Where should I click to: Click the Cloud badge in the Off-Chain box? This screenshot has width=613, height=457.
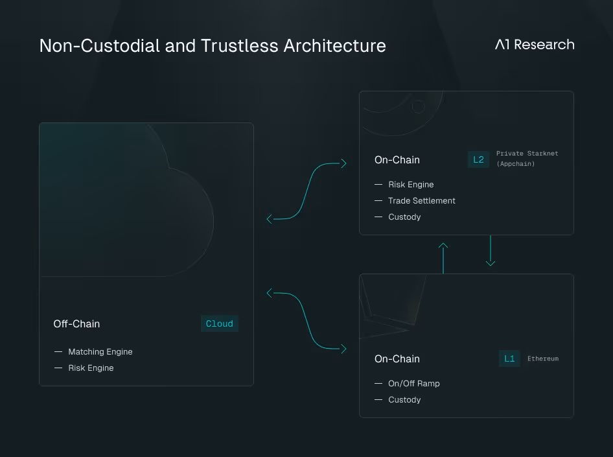[219, 324]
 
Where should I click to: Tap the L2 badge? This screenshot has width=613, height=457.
[478, 159]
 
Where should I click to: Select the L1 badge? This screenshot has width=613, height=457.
[509, 358]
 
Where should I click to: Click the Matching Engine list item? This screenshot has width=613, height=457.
[100, 352]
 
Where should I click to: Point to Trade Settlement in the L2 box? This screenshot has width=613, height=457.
[422, 201]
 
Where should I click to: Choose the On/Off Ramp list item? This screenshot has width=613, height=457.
[414, 384]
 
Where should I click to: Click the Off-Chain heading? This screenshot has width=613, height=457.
[76, 324]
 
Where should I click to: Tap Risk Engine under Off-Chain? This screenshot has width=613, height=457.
[91, 368]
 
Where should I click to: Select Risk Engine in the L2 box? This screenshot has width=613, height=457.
[411, 185]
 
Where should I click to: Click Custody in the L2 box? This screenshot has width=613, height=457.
[404, 217]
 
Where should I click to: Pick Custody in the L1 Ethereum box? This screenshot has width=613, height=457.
[404, 400]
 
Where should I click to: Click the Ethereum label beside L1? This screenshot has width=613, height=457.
[543, 358]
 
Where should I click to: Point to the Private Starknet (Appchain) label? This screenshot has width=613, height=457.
[527, 159]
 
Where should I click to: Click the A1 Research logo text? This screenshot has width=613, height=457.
[535, 45]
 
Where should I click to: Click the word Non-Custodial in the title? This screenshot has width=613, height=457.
[98, 46]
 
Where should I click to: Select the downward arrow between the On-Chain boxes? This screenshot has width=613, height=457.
[491, 251]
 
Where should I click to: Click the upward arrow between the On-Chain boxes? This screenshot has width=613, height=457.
[443, 257]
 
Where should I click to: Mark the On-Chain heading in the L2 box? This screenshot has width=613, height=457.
[397, 160]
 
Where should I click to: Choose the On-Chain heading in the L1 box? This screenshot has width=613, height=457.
[397, 359]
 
